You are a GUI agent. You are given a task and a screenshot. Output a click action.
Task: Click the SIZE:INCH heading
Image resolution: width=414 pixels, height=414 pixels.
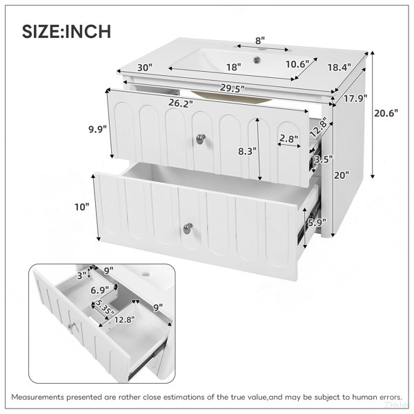point(66,32)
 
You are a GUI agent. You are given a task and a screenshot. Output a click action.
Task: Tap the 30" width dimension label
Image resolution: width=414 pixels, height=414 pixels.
point(145,68)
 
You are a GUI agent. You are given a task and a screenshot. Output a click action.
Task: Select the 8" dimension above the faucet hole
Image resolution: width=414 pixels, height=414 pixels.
point(260,41)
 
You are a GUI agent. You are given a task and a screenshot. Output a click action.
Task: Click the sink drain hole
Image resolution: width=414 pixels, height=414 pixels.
point(257,60)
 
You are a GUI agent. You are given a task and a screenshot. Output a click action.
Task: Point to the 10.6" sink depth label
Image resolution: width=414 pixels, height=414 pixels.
point(297,64)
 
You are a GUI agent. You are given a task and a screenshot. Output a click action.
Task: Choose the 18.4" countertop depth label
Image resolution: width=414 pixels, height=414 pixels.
point(339,68)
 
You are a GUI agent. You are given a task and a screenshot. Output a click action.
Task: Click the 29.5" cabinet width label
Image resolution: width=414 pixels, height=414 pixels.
point(233,88)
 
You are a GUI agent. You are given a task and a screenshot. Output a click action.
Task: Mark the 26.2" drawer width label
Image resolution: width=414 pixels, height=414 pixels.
point(181,103)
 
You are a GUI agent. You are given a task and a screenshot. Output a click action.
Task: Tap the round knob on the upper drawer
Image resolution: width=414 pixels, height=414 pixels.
point(201,139)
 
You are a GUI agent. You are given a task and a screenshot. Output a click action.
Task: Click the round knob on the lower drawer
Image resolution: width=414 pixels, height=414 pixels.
point(188,228)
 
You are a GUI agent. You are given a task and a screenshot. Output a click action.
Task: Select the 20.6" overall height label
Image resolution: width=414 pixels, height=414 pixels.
point(386,113)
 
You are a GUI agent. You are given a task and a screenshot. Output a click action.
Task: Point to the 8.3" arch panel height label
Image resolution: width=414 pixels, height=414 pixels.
point(248,151)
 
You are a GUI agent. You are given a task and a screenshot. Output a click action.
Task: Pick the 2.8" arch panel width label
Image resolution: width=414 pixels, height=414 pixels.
point(289,138)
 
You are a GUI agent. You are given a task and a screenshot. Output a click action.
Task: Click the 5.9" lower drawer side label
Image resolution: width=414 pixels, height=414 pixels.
point(317,223)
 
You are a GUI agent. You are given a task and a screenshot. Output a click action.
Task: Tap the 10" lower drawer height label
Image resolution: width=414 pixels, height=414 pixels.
point(82,207)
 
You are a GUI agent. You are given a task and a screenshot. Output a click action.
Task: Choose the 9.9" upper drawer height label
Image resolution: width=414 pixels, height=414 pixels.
point(98,129)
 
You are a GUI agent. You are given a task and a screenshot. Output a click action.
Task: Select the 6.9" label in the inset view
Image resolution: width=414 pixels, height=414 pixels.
point(100,290)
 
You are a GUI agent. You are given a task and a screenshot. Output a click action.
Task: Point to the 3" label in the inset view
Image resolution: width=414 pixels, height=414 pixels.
point(82,275)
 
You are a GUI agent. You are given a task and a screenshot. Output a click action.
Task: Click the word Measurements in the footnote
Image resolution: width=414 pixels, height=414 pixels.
point(38,397)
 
